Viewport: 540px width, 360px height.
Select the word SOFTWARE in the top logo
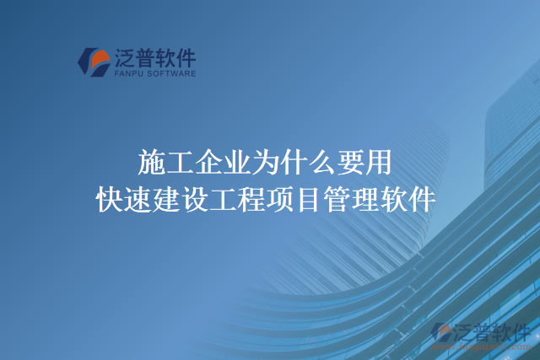coord(172,74)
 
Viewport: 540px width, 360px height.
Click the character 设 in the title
coord(196,201)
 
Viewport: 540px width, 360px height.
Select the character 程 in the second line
coord(253,201)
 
